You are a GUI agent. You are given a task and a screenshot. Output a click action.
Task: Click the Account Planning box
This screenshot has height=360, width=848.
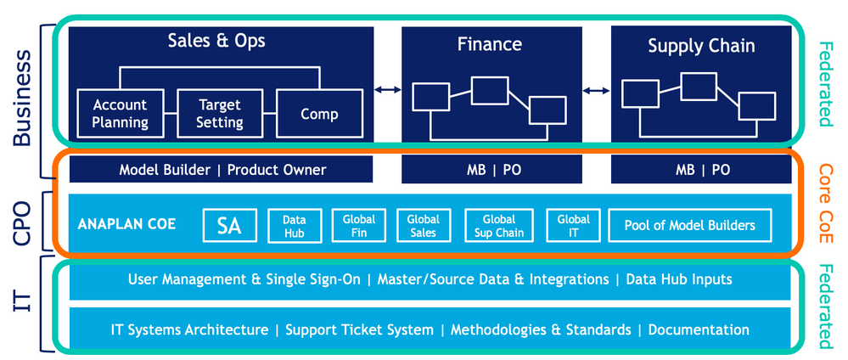(x=120, y=114)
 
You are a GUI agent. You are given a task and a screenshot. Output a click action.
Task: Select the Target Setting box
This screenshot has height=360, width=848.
(x=220, y=114)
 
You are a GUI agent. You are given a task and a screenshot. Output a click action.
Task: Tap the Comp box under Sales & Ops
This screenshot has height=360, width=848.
(x=319, y=114)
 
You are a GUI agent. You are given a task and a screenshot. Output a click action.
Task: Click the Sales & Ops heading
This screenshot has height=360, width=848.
(x=216, y=41)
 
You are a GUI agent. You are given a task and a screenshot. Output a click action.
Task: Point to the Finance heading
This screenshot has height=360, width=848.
(x=489, y=44)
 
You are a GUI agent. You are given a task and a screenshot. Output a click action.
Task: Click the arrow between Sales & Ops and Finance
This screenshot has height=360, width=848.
(x=388, y=89)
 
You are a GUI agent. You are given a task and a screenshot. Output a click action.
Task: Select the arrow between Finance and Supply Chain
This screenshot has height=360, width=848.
(x=597, y=89)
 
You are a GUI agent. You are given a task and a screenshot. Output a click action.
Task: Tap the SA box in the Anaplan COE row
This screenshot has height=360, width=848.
(x=229, y=226)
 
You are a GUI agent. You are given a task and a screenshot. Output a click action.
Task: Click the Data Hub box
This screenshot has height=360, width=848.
(x=294, y=226)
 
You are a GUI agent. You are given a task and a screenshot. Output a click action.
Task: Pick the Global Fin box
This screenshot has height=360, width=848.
(x=359, y=226)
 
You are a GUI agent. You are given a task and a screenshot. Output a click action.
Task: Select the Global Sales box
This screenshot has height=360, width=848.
(x=423, y=226)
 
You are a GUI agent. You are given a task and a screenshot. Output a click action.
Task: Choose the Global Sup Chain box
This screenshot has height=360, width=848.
(x=498, y=226)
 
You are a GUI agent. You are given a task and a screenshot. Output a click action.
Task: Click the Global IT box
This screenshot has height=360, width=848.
(x=573, y=226)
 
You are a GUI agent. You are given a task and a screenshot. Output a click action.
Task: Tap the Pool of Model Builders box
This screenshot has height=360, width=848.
(x=689, y=226)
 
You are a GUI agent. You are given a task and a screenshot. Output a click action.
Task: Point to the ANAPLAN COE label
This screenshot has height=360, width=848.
(x=126, y=226)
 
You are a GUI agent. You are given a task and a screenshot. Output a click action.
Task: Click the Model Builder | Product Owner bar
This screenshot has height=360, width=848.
(x=222, y=170)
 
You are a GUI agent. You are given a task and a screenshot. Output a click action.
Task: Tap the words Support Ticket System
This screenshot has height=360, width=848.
(x=360, y=329)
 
